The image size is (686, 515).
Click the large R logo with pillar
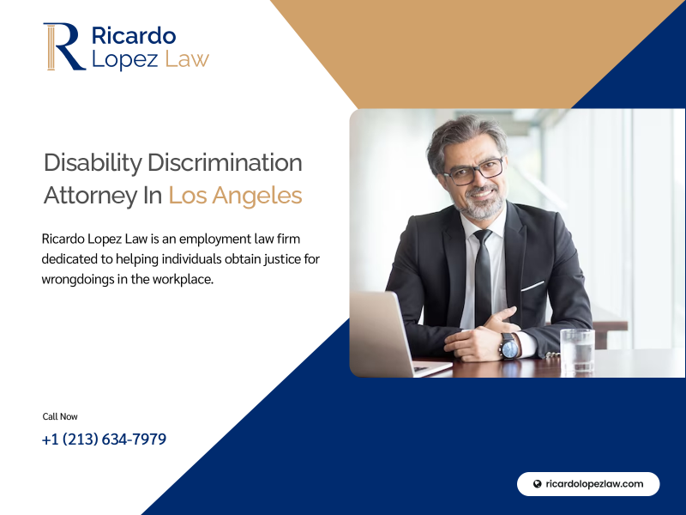(x=64, y=46)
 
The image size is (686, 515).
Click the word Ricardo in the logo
(x=134, y=35)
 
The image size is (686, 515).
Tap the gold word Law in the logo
(x=187, y=59)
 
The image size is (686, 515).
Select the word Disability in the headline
(x=93, y=163)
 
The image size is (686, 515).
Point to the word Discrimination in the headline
(x=225, y=162)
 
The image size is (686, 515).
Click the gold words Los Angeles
(x=235, y=196)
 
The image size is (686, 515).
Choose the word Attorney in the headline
(x=91, y=196)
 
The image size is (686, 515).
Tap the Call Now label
(x=60, y=416)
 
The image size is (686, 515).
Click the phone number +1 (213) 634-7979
(x=104, y=439)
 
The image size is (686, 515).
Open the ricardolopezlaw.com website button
(x=588, y=484)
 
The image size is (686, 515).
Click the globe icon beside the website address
(x=538, y=484)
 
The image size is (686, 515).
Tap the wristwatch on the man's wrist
(x=510, y=347)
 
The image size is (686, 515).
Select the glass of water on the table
(x=577, y=352)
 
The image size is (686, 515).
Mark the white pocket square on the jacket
(x=533, y=286)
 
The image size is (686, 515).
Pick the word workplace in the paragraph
(x=183, y=280)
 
